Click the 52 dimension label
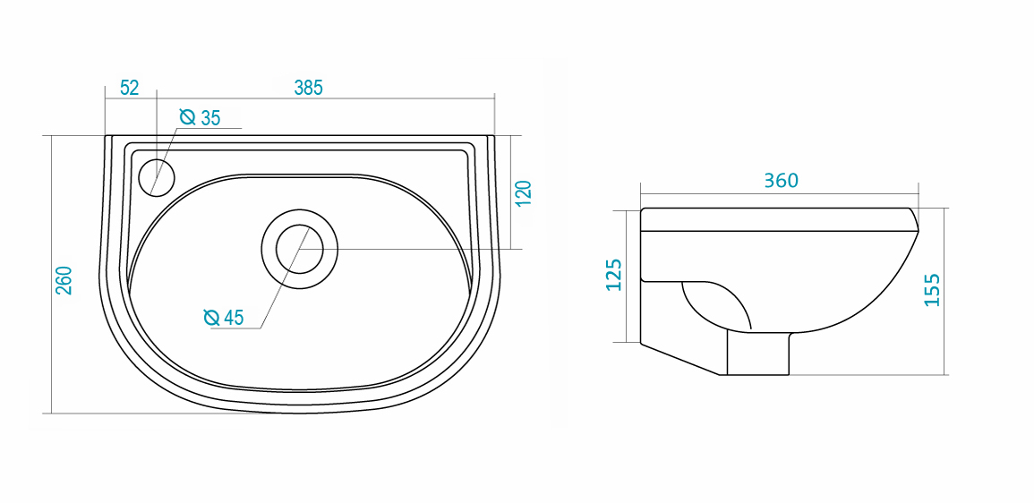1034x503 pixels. pos(130,88)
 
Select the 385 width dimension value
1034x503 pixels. pos(308,88)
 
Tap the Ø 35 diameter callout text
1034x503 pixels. pos(200,118)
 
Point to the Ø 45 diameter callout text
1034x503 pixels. pos(224,318)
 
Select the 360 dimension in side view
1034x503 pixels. pos(781,181)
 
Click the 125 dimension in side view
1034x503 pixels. pos(613,274)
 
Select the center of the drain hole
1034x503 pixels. pos(299,249)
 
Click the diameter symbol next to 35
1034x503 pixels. pos(188,118)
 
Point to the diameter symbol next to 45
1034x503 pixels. pos(211,318)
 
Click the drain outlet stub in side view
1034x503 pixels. pos(757,354)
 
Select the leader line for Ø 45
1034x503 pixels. pos(285,277)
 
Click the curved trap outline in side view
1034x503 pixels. pos(714,303)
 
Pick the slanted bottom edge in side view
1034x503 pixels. pos(679,359)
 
